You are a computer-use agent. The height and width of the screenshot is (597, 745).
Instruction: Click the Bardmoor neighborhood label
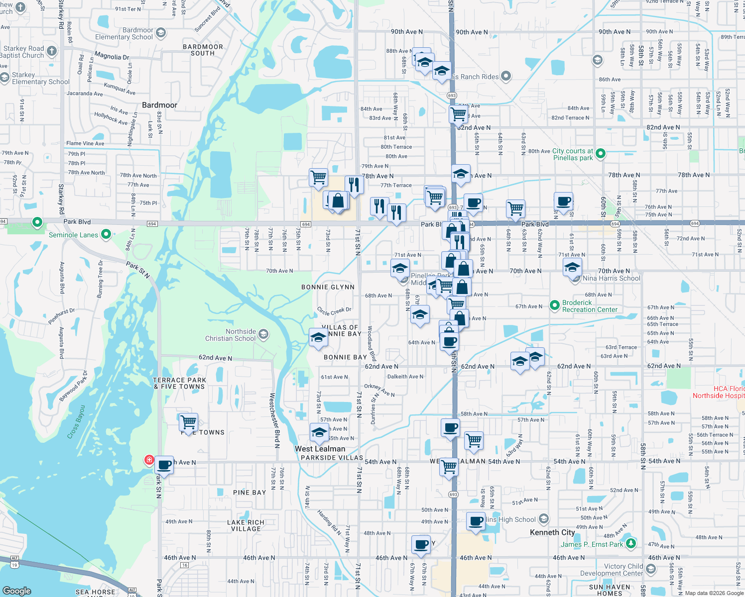click(159, 105)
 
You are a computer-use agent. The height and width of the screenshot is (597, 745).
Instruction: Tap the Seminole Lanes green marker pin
click(106, 234)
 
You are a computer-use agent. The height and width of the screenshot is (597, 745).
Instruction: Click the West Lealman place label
click(320, 449)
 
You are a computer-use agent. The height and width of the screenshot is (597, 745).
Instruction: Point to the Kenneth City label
click(552, 532)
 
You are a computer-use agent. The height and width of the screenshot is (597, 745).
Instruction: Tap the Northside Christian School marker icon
click(263, 334)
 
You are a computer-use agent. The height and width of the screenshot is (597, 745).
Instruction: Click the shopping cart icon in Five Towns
click(189, 422)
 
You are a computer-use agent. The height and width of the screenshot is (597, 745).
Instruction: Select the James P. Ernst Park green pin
click(631, 543)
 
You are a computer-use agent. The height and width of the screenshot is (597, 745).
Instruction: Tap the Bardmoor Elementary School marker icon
click(160, 33)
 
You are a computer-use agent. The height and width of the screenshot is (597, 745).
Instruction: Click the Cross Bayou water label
click(76, 422)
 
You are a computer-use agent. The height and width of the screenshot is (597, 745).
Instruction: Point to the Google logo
click(17, 591)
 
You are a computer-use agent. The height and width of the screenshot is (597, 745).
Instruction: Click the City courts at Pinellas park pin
click(601, 154)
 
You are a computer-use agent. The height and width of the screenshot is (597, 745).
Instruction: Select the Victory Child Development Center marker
click(650, 569)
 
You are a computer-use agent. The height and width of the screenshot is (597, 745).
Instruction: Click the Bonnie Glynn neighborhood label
click(328, 287)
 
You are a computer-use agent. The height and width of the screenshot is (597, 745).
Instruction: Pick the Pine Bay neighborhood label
click(249, 493)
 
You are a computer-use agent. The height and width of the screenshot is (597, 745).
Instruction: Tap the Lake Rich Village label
click(246, 525)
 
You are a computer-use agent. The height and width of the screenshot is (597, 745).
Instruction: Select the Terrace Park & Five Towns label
click(180, 383)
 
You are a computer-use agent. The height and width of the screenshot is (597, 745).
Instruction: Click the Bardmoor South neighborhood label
click(203, 50)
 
